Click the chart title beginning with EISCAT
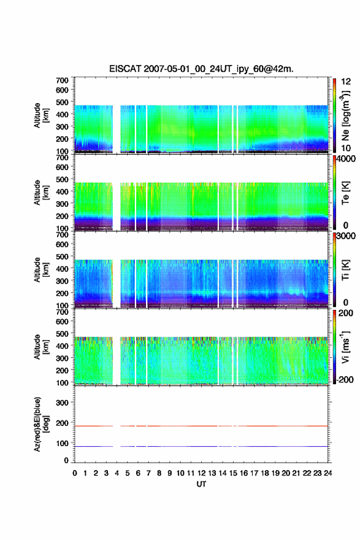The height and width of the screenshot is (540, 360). coord(201,69)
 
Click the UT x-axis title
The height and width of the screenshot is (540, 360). coord(201,484)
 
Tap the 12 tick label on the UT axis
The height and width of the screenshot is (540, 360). coord(201,473)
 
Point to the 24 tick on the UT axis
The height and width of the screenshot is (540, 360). coord(327,473)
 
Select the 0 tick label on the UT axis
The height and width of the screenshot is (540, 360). coord(75,473)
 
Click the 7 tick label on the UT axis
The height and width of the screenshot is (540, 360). coord(148,473)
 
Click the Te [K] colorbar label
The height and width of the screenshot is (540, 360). coord(345,193)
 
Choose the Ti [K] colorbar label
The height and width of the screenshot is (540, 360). coord(345,270)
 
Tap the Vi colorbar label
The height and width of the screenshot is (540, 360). coord(345,347)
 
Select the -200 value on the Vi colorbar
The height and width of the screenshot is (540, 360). coord(344,379)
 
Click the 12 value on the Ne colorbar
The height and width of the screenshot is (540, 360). coord(346,82)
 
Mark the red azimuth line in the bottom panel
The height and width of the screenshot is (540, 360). coord(201,426)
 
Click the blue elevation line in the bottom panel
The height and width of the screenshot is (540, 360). coord(201,446)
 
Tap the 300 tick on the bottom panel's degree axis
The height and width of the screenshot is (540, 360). coord(63,403)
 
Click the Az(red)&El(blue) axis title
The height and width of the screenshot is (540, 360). coord(42,424)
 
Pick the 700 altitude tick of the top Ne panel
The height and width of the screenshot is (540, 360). coord(63,80)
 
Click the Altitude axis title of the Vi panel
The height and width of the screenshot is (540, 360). coord(42,347)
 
